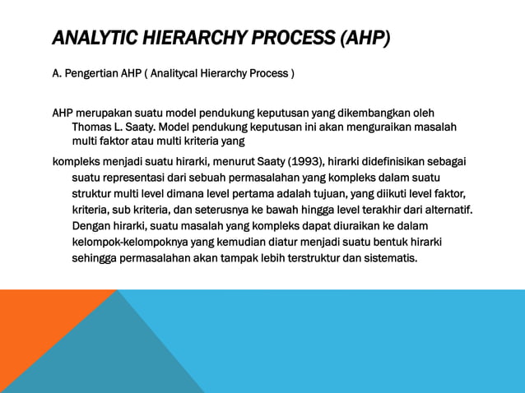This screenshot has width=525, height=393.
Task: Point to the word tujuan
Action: point(324,193)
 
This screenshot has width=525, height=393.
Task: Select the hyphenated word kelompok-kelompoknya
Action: point(131,242)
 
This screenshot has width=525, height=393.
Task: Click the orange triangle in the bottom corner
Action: point(33,345)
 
